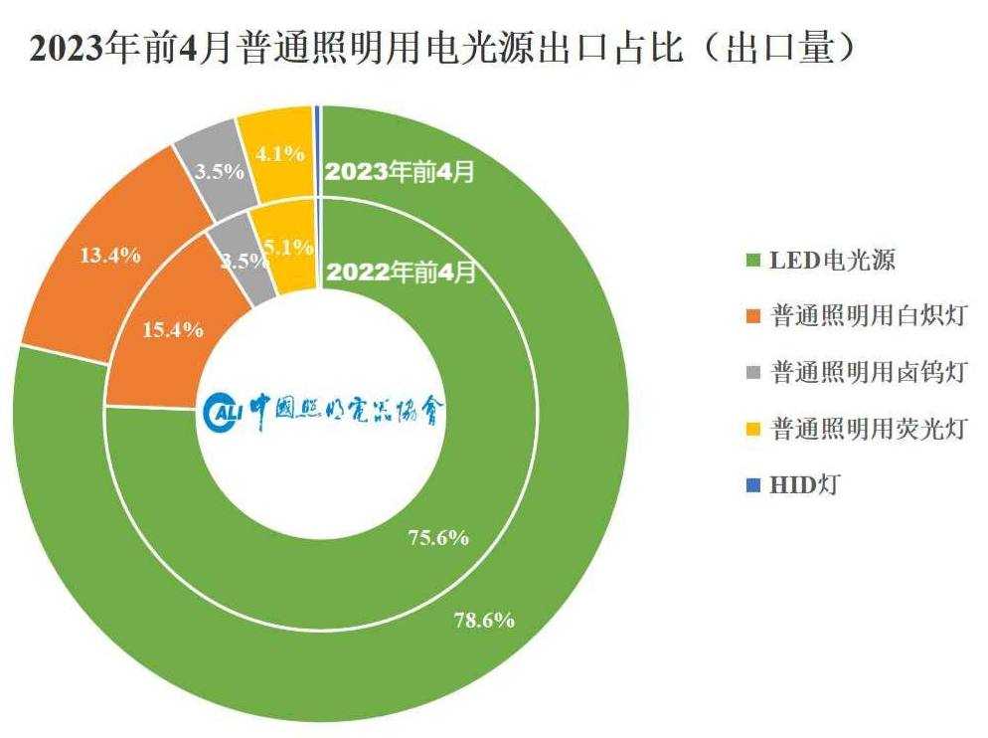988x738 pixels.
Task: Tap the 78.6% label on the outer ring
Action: [484, 621]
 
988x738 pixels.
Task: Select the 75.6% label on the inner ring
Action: [438, 538]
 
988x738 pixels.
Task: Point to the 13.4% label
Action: [109, 255]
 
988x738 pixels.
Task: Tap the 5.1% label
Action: [291, 247]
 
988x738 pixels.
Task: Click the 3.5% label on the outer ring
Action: [219, 171]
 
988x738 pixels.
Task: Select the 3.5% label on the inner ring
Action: [245, 262]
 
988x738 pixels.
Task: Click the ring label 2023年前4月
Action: [401, 171]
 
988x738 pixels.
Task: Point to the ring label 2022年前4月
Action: [401, 272]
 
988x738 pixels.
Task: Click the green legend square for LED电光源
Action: [752, 262]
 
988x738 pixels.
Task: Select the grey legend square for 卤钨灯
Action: [752, 374]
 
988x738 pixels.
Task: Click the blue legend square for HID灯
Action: [752, 485]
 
